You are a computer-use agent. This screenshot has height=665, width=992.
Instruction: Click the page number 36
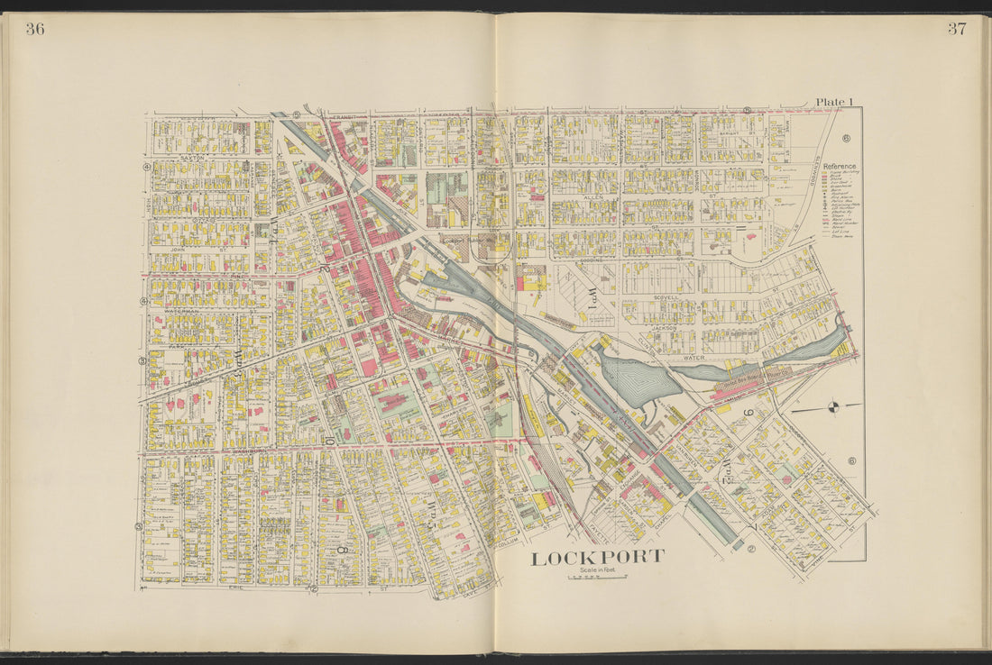35,29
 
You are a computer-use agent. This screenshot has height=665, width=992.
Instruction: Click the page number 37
956,28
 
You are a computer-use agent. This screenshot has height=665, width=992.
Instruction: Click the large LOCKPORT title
596,558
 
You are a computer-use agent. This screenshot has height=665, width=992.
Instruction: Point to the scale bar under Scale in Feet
596,578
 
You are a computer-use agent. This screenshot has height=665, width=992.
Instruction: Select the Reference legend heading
839,167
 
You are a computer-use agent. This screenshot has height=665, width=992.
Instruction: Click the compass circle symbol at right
831,408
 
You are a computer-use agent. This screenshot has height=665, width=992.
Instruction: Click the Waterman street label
181,311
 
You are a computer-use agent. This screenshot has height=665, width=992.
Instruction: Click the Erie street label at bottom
236,588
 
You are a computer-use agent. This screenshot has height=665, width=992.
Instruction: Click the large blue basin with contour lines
638,378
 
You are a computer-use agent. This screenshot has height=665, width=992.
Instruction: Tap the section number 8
342,548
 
